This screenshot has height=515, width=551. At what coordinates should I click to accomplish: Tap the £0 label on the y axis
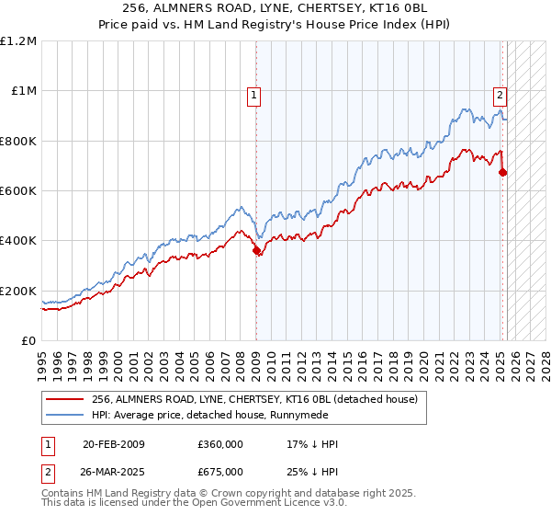28,341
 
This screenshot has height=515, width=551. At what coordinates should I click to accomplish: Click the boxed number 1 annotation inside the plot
252,94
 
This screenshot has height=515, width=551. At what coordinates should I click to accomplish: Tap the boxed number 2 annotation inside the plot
500,94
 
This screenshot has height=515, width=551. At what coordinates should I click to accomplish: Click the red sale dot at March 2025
502,172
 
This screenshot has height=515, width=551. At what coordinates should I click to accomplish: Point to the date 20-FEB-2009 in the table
113,444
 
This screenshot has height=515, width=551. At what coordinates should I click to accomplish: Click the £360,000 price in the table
219,444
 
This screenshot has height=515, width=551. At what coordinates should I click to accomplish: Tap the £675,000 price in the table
219,471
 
